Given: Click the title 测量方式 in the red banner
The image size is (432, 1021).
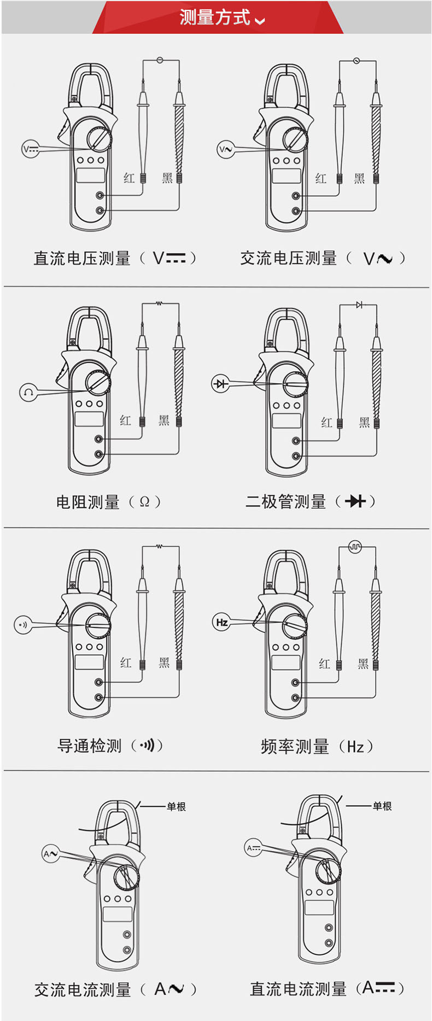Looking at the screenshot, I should pos(215,17).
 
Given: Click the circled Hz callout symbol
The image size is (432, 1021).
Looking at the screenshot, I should pos(221,622).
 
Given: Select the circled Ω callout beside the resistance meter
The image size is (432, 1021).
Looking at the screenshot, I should pos(28,392).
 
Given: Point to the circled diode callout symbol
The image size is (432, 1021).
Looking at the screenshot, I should pos(220,384).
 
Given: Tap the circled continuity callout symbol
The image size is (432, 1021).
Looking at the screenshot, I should pos(23,624).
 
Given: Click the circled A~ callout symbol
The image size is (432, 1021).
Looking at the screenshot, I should pos(51,853).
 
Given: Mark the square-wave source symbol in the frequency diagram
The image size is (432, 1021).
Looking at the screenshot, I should pos(355,546).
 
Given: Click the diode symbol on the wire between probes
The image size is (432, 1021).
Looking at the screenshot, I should pos(359,304).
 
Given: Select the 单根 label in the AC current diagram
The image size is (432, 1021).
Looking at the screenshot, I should pos(176,806).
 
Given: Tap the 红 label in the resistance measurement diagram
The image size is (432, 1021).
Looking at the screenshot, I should pos(126,420).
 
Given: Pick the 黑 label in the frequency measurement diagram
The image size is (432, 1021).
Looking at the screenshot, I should pos(363,664).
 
